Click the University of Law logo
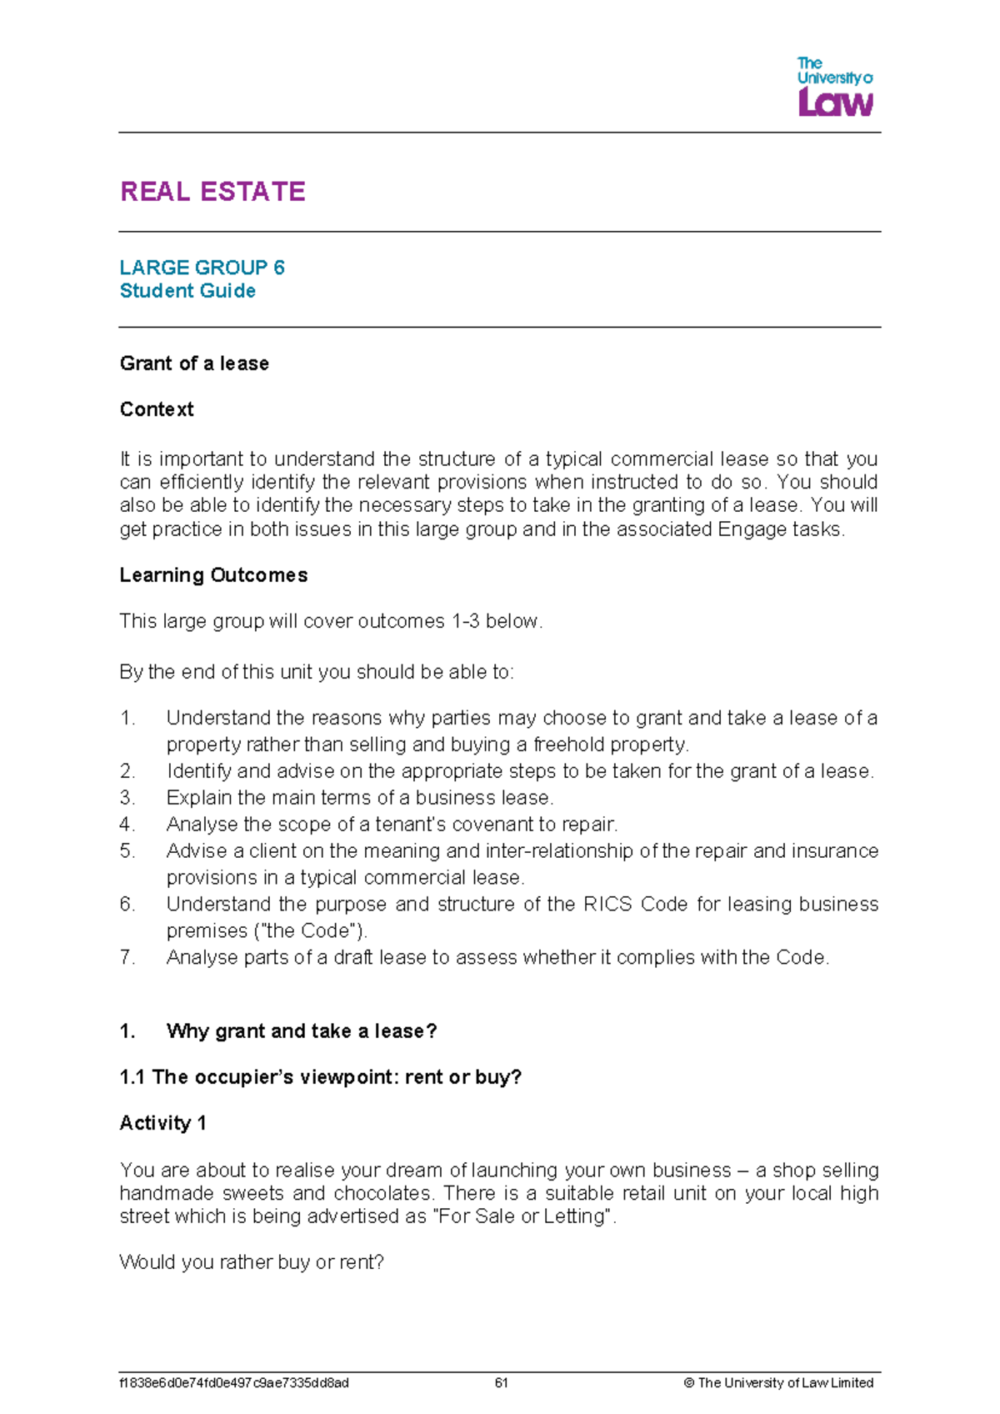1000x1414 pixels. [834, 87]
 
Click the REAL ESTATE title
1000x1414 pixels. [212, 192]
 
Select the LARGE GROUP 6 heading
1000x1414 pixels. [202, 268]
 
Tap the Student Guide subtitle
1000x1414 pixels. [187, 291]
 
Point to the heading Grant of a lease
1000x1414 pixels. [194, 364]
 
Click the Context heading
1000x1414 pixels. [157, 409]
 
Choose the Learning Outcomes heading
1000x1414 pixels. [213, 575]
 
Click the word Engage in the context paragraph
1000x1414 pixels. [747, 529]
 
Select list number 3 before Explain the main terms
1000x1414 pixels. [127, 798]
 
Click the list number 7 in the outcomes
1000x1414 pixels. [127, 958]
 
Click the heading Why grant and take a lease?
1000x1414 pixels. [301, 1031]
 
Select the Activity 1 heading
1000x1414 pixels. [162, 1123]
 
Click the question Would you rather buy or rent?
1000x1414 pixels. [252, 1262]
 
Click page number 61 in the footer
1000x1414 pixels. [501, 1383]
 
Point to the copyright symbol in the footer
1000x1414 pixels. [688, 1383]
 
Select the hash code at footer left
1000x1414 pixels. [234, 1383]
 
